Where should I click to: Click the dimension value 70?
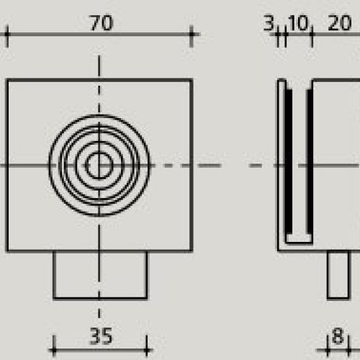(x=102, y=23)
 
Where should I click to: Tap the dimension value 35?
(x=102, y=336)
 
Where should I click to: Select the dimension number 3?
(x=269, y=23)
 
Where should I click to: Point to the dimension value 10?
(x=297, y=23)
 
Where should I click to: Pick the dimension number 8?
(x=336, y=336)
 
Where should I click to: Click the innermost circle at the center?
(x=99, y=166)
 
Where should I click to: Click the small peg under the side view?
(x=336, y=274)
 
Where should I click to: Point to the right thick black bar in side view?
(x=308, y=164)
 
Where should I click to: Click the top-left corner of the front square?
(x=8, y=81)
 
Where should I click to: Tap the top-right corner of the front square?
(x=192, y=81)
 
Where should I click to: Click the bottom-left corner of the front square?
(x=8, y=251)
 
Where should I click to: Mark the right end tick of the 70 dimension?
(x=192, y=34)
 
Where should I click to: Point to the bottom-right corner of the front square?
(x=192, y=251)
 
